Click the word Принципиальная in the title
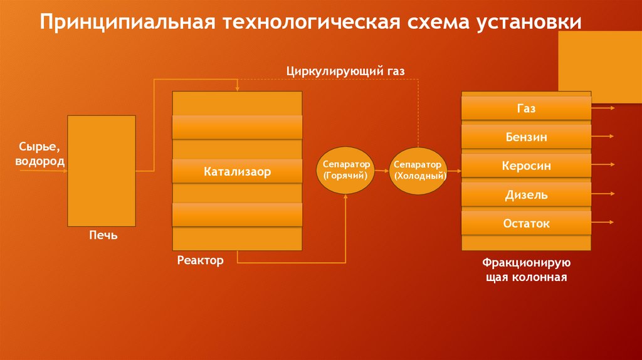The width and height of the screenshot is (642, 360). point(125,23)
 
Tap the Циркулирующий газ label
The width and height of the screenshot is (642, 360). point(345,71)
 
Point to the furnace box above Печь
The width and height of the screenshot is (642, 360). point(102,171)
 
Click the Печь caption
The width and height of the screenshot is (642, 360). point(103,236)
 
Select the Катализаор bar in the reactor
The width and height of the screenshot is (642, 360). point(237,171)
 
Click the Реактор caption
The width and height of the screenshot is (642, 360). point(200,260)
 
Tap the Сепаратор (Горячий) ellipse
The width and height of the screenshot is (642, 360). point(346,170)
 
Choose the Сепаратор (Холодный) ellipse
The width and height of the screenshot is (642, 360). point(419,170)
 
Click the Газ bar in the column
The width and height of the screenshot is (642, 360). point(526,109)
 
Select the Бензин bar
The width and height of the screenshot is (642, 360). point(526,137)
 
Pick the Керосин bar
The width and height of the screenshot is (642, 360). point(526,166)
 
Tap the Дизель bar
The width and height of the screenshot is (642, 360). point(526,195)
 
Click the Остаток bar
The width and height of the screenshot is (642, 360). point(526,223)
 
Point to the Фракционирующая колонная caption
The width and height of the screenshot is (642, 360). point(526,270)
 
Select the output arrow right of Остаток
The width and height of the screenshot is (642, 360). point(603,221)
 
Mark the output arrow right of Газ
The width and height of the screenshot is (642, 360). point(603,107)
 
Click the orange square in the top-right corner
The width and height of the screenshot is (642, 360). point(600,67)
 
